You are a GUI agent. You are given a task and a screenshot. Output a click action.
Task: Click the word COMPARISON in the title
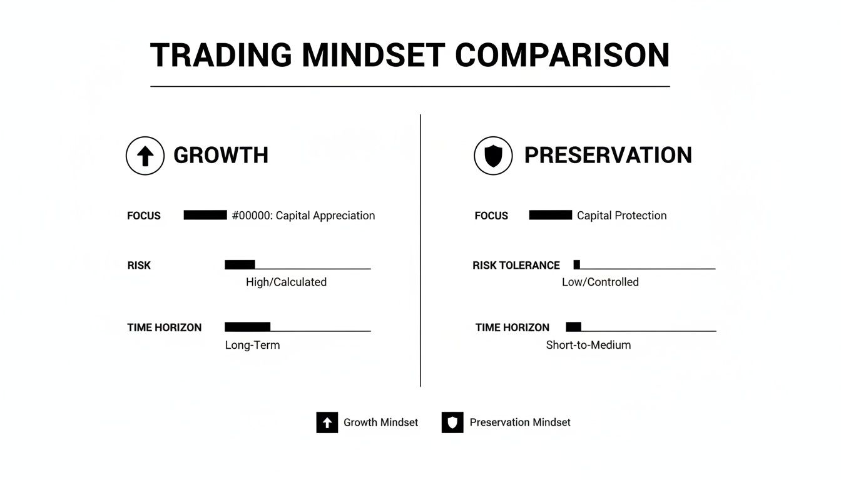562,55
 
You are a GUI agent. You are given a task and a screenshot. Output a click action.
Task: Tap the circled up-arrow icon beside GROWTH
145,156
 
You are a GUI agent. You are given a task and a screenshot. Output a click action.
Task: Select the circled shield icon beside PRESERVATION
493,156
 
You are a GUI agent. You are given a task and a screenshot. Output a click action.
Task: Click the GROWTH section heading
220,156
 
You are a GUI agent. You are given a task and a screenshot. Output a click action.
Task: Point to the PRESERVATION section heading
608,156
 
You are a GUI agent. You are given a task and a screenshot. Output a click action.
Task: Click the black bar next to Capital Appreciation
205,215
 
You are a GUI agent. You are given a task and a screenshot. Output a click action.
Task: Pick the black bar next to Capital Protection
551,215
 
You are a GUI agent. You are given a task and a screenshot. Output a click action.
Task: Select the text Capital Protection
621,216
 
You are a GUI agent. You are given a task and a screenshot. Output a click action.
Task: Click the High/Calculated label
286,282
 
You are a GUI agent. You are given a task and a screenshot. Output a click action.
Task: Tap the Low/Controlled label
600,282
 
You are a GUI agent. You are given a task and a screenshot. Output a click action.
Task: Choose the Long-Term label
252,345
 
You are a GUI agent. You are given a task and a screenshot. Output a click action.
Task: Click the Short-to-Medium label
588,345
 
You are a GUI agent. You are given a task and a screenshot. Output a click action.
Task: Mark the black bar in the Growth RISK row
240,264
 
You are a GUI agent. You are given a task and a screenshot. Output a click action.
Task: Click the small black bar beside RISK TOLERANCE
577,264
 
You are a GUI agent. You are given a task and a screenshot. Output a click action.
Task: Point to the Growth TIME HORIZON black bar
247,327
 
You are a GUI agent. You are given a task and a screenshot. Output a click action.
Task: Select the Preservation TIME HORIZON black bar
573,327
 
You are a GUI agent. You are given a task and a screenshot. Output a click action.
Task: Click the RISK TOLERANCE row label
516,266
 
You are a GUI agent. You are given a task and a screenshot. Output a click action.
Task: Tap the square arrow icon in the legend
327,422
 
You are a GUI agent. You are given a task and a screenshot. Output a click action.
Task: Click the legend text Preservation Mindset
520,422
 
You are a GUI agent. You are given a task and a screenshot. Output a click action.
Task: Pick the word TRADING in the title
221,55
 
